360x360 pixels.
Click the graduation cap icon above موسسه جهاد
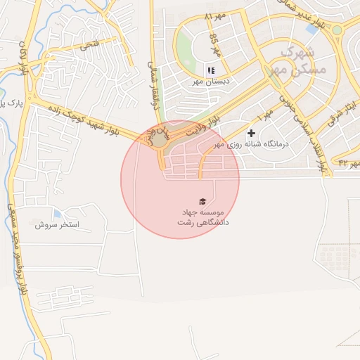202,201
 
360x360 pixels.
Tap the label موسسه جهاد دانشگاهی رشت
202,217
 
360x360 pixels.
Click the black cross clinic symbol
251,133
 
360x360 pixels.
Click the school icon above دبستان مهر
210,70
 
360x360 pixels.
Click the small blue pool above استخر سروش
57,213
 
